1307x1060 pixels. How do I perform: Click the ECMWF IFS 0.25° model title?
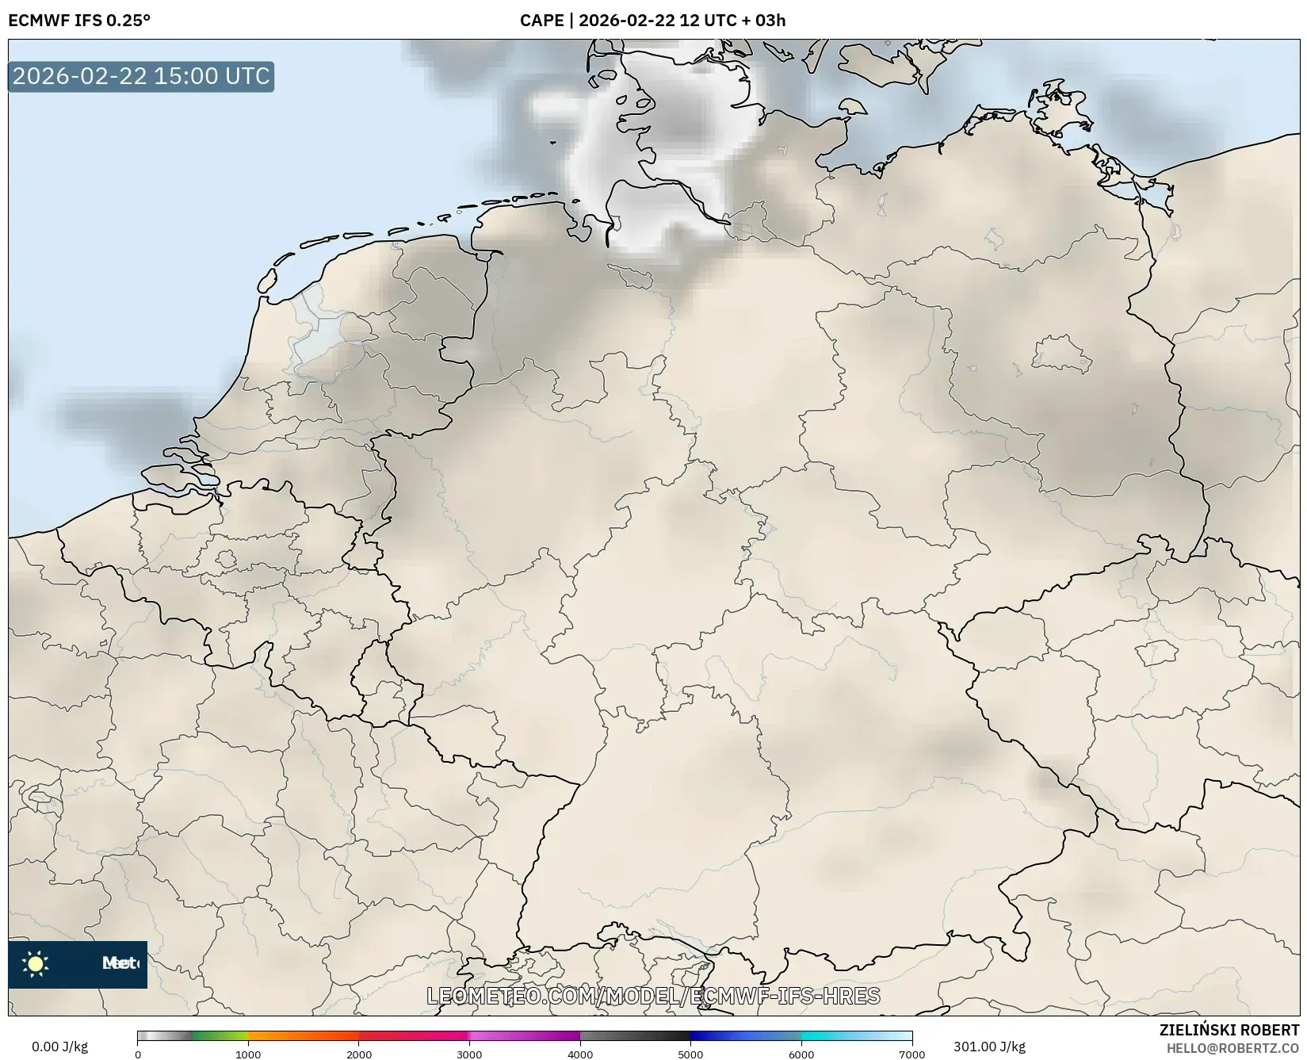79,21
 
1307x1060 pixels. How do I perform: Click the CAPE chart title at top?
652,21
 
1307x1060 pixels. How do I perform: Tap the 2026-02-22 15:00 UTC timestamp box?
141,77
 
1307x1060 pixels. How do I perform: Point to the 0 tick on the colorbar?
138,1054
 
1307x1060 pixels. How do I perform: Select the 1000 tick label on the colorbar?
248,1054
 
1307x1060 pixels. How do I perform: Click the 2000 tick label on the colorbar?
359,1054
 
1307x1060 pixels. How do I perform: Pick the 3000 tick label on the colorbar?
469,1054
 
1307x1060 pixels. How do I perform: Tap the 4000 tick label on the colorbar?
580,1054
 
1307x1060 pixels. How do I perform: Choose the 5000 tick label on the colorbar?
690,1054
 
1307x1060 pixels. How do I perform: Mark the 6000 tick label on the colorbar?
801,1054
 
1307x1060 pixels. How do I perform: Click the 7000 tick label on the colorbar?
911,1054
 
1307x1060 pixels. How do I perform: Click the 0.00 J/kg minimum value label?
59,1047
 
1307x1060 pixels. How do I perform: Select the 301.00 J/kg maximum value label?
989,1047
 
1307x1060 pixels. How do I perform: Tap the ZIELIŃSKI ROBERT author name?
1229,1031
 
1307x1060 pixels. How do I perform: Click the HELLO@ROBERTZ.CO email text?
1232,1048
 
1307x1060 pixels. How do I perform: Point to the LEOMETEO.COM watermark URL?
653,996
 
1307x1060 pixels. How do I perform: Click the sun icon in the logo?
36,964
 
